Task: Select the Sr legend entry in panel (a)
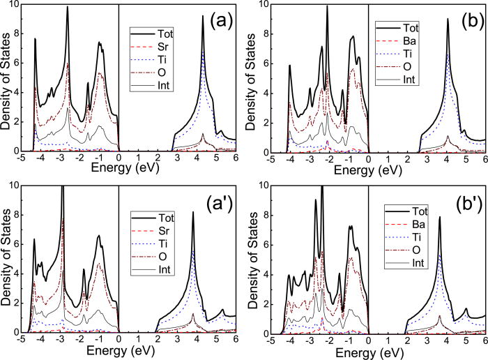click(173, 44)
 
